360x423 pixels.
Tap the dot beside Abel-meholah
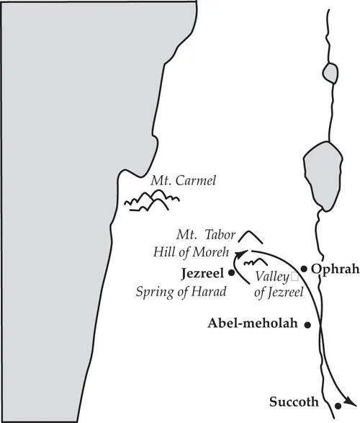(307, 326)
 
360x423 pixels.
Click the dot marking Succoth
(338, 407)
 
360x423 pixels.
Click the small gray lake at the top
(330, 72)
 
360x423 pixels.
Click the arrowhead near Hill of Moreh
(238, 253)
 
